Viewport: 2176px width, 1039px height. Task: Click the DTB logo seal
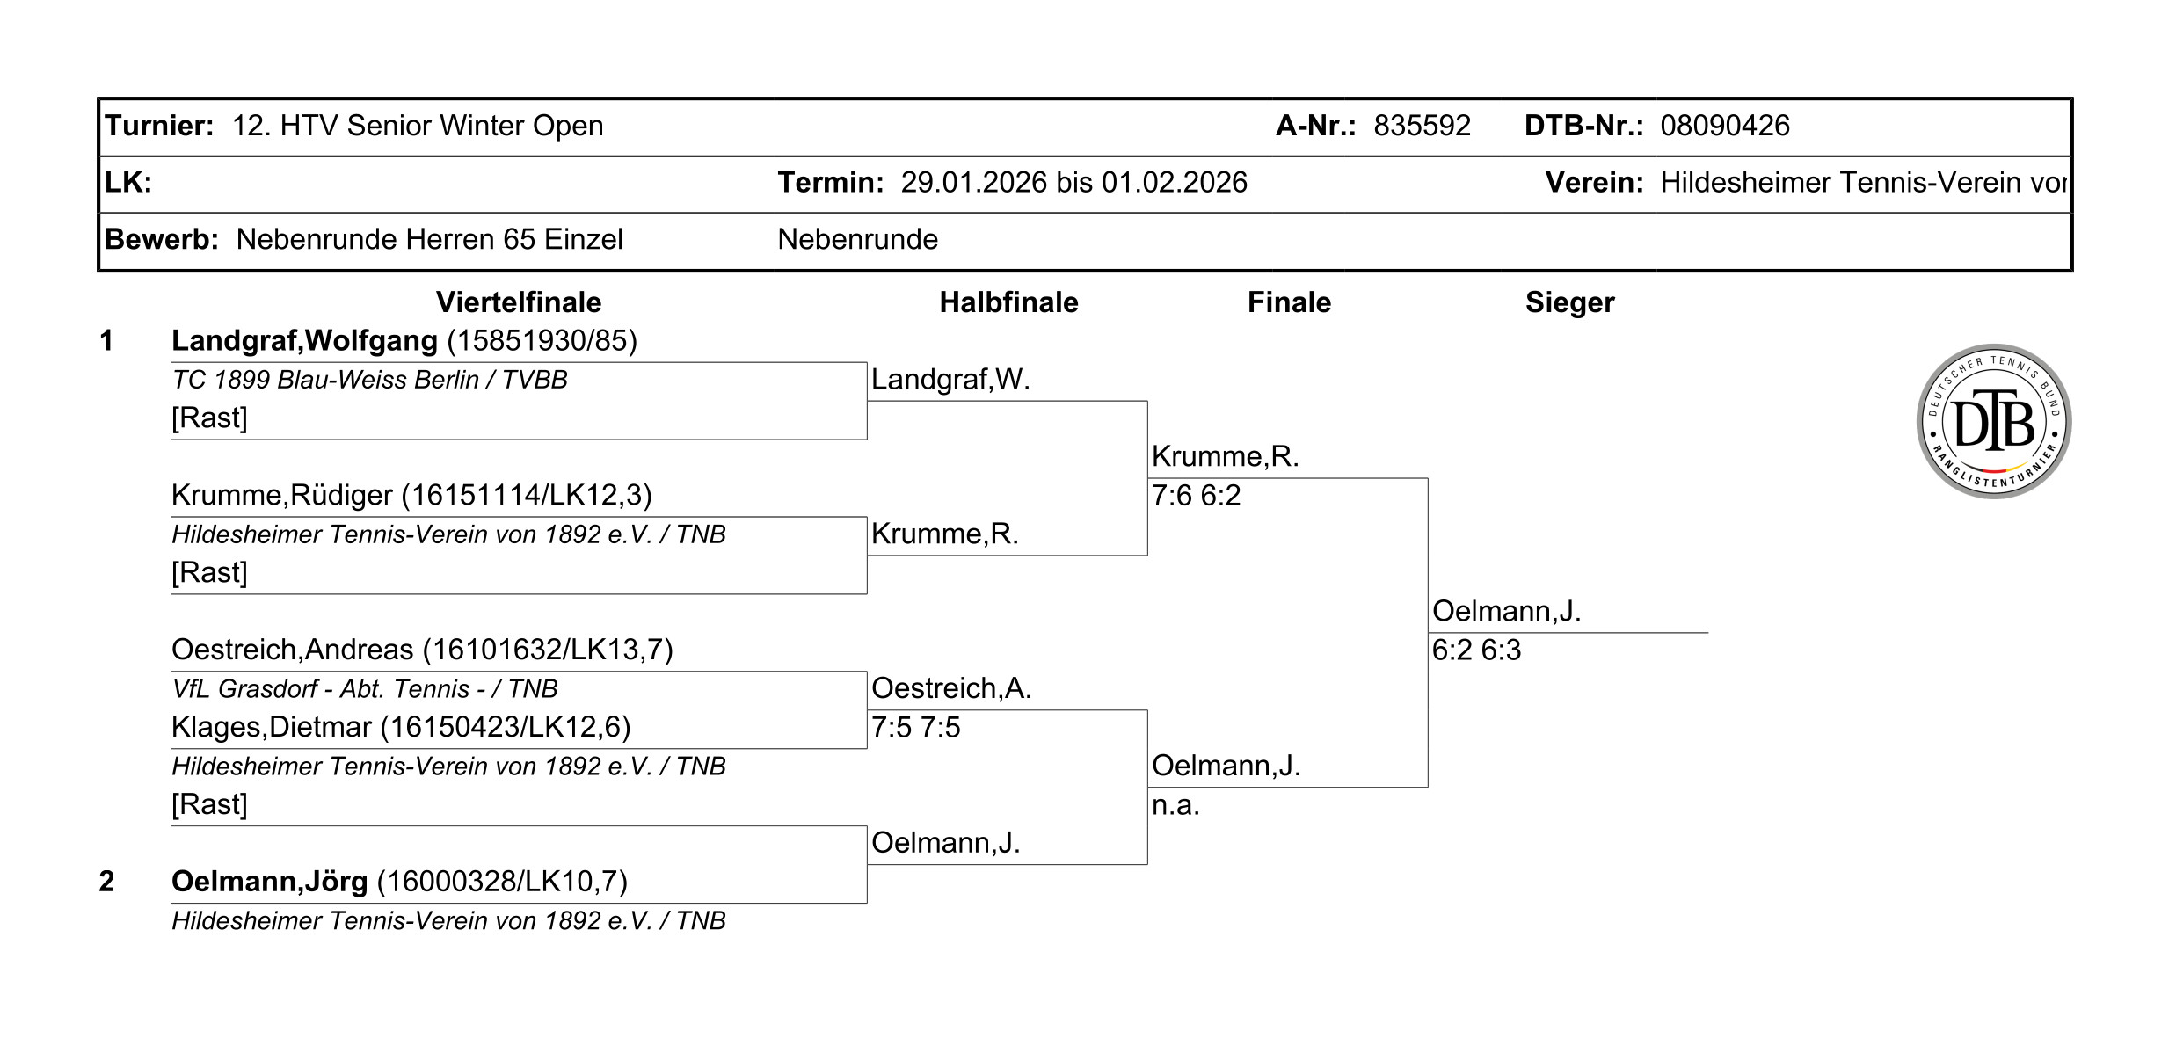(1993, 422)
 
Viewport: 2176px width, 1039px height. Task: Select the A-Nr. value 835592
(1422, 126)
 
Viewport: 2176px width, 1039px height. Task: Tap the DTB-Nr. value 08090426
(1724, 126)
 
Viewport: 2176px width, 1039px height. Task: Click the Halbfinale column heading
(1008, 302)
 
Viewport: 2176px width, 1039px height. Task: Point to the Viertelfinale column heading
(519, 302)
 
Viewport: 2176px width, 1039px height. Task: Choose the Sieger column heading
(1569, 302)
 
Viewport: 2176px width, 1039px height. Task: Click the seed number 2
(106, 881)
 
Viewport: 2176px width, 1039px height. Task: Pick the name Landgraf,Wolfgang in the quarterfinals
(304, 340)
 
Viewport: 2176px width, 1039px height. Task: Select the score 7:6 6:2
(1196, 496)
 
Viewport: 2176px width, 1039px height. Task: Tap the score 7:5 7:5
(915, 728)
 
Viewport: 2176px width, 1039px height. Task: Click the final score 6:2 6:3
(1476, 650)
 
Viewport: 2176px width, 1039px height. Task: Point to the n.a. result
(1175, 805)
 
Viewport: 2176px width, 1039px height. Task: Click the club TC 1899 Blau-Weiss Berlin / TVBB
(369, 380)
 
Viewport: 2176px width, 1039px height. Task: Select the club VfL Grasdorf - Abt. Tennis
(365, 689)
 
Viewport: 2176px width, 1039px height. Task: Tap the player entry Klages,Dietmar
(401, 727)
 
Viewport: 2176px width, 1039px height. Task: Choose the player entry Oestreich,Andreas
(422, 650)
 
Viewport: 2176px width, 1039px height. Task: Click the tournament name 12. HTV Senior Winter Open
(418, 126)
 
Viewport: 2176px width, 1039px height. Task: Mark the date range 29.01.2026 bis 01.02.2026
(1073, 183)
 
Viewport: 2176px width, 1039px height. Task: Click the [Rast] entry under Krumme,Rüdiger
(209, 573)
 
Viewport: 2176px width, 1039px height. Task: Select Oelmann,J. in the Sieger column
(1506, 611)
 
